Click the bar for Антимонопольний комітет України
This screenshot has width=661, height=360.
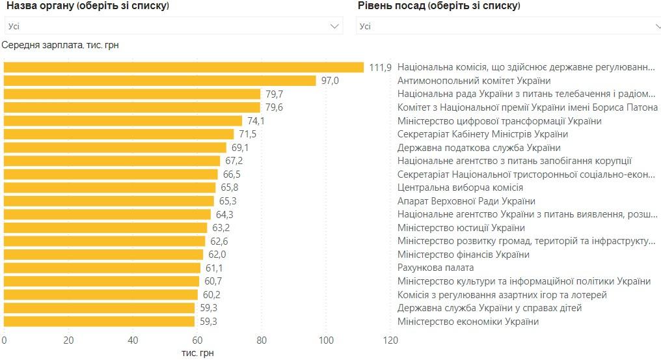[x=160, y=81]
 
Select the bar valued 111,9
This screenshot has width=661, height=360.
[x=183, y=67]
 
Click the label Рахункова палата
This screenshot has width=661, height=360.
[x=435, y=268]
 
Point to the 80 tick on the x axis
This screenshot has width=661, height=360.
[x=262, y=340]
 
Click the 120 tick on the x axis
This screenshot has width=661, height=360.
[x=390, y=340]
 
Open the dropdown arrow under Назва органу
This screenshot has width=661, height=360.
[x=336, y=26]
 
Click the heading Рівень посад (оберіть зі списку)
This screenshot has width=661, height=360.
[x=439, y=6]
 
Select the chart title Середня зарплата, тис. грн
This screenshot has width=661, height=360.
[x=61, y=45]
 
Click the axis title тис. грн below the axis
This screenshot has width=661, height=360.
[x=197, y=353]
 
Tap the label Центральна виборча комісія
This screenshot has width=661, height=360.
[x=460, y=187]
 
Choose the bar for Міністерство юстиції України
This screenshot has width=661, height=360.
[x=105, y=228]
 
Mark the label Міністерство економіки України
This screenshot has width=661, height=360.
[x=468, y=322]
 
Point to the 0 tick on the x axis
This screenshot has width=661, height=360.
[x=4, y=340]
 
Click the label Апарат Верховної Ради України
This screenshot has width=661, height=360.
[x=466, y=201]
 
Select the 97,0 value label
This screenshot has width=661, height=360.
[x=330, y=81]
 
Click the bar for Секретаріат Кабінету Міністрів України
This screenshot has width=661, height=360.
[x=119, y=134]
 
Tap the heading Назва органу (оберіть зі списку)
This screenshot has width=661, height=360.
[x=88, y=6]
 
